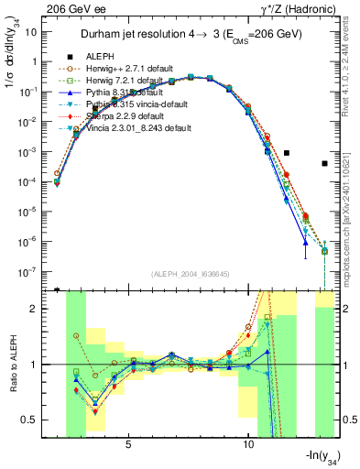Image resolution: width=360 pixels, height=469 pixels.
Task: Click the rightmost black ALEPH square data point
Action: pos(324,164)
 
